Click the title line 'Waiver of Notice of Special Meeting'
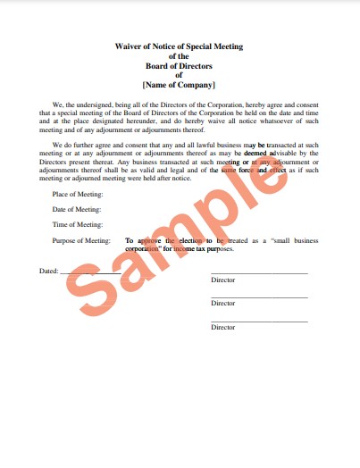[x=179, y=46]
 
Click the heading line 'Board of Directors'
[x=179, y=65]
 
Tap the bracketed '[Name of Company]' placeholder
[x=179, y=85]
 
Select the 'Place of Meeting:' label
[x=78, y=194]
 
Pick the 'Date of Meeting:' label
[x=77, y=209]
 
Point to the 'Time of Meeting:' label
[x=78, y=224]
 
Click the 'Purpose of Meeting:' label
[x=81, y=240]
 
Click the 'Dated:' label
[x=48, y=270]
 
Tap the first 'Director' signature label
[x=223, y=280]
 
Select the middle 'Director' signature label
[x=223, y=304]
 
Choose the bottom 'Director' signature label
[x=223, y=327]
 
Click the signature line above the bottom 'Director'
[x=259, y=321]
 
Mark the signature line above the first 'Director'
[x=259, y=272]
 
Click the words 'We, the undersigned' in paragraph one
[x=82, y=104]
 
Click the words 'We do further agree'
[x=83, y=143]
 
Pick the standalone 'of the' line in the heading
[x=179, y=55]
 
